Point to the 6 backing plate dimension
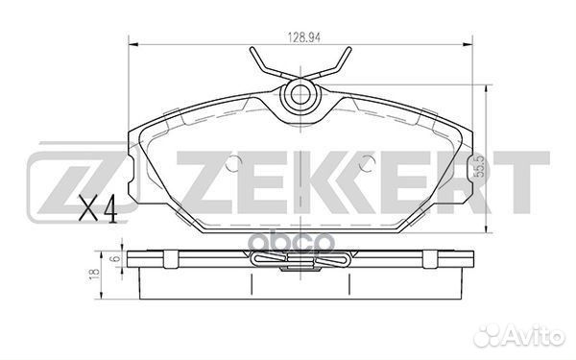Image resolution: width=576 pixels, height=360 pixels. pos(116,258)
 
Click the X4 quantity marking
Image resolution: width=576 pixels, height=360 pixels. pos(98,208)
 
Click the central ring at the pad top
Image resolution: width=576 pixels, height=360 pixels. pos(300,95)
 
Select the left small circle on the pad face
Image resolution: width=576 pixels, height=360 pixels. pos(233,163)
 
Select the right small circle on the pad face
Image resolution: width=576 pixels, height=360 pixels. pos(367,163)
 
